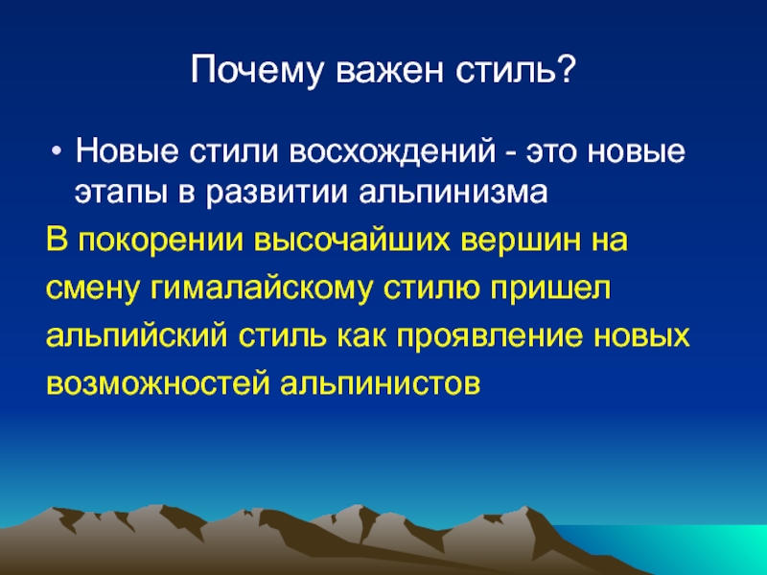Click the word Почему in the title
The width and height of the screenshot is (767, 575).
tap(257, 71)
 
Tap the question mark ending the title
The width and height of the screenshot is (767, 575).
tap(566, 69)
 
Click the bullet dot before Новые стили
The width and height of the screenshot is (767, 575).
tap(58, 151)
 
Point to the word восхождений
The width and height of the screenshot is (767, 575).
tap(392, 151)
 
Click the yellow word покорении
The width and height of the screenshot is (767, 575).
tap(160, 241)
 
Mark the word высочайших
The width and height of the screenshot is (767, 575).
tap(352, 241)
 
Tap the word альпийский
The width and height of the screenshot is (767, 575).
tap(136, 336)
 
